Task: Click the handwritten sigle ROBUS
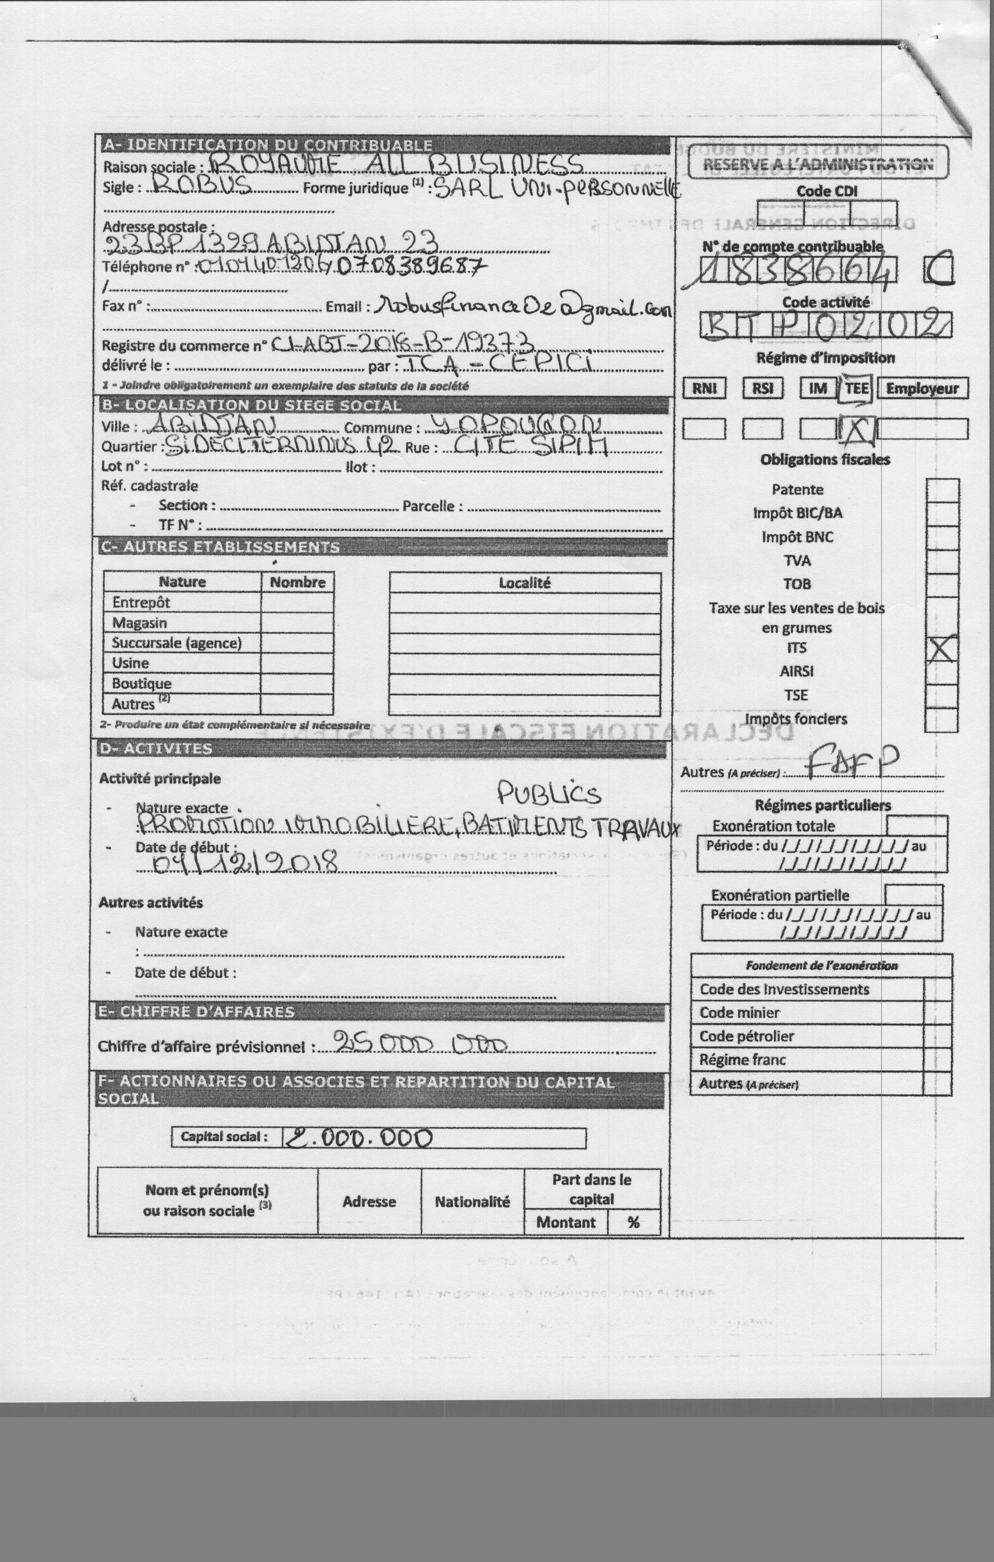[x=198, y=188]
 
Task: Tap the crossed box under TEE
[x=857, y=429]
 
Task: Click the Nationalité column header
[x=472, y=1201]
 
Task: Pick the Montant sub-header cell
[x=565, y=1222]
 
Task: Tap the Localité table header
[x=524, y=582]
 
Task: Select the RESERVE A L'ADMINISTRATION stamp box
[x=818, y=163]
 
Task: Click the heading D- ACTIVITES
[x=156, y=749]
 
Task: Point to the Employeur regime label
[x=922, y=388]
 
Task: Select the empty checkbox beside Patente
[x=942, y=490]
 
